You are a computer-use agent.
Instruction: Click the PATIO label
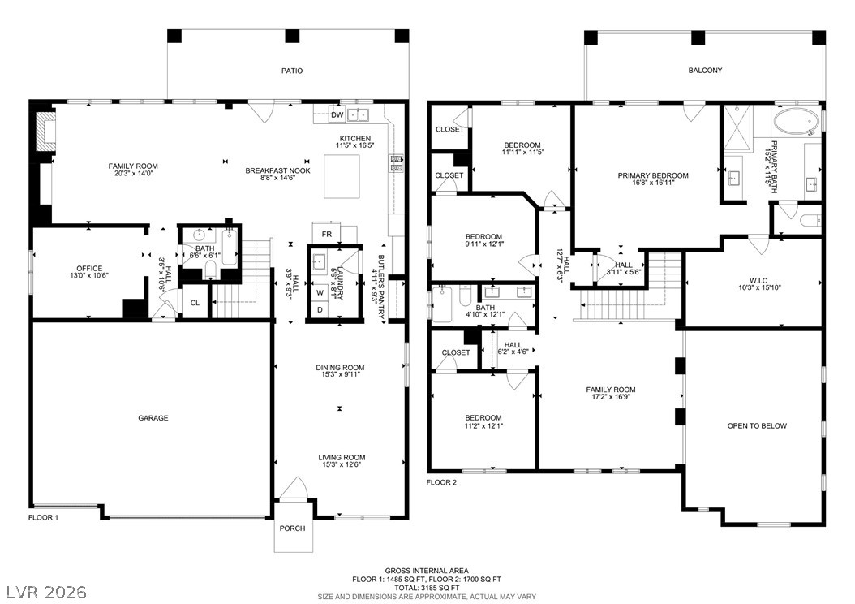coord(292,71)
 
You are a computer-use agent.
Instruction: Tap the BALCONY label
coord(705,71)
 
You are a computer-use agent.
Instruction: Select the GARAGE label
coord(153,418)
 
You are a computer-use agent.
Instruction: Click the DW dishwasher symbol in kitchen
coord(337,115)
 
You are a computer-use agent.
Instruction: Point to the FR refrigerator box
coord(326,234)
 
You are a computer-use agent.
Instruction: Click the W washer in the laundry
coord(320,292)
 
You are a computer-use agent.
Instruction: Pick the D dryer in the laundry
coord(320,309)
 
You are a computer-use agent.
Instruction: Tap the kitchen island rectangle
coord(342,176)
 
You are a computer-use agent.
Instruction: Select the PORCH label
coord(292,528)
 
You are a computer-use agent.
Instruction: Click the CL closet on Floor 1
coord(195,303)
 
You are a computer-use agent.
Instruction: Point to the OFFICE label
coord(89,269)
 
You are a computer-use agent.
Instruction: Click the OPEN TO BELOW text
coord(757,426)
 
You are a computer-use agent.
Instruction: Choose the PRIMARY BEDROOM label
coord(653,175)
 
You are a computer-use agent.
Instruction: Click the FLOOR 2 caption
coord(441,482)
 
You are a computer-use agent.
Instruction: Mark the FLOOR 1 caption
coord(43,517)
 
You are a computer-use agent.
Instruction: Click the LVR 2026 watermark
coord(46,592)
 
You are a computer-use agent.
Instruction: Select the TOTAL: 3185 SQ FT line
coord(427,589)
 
